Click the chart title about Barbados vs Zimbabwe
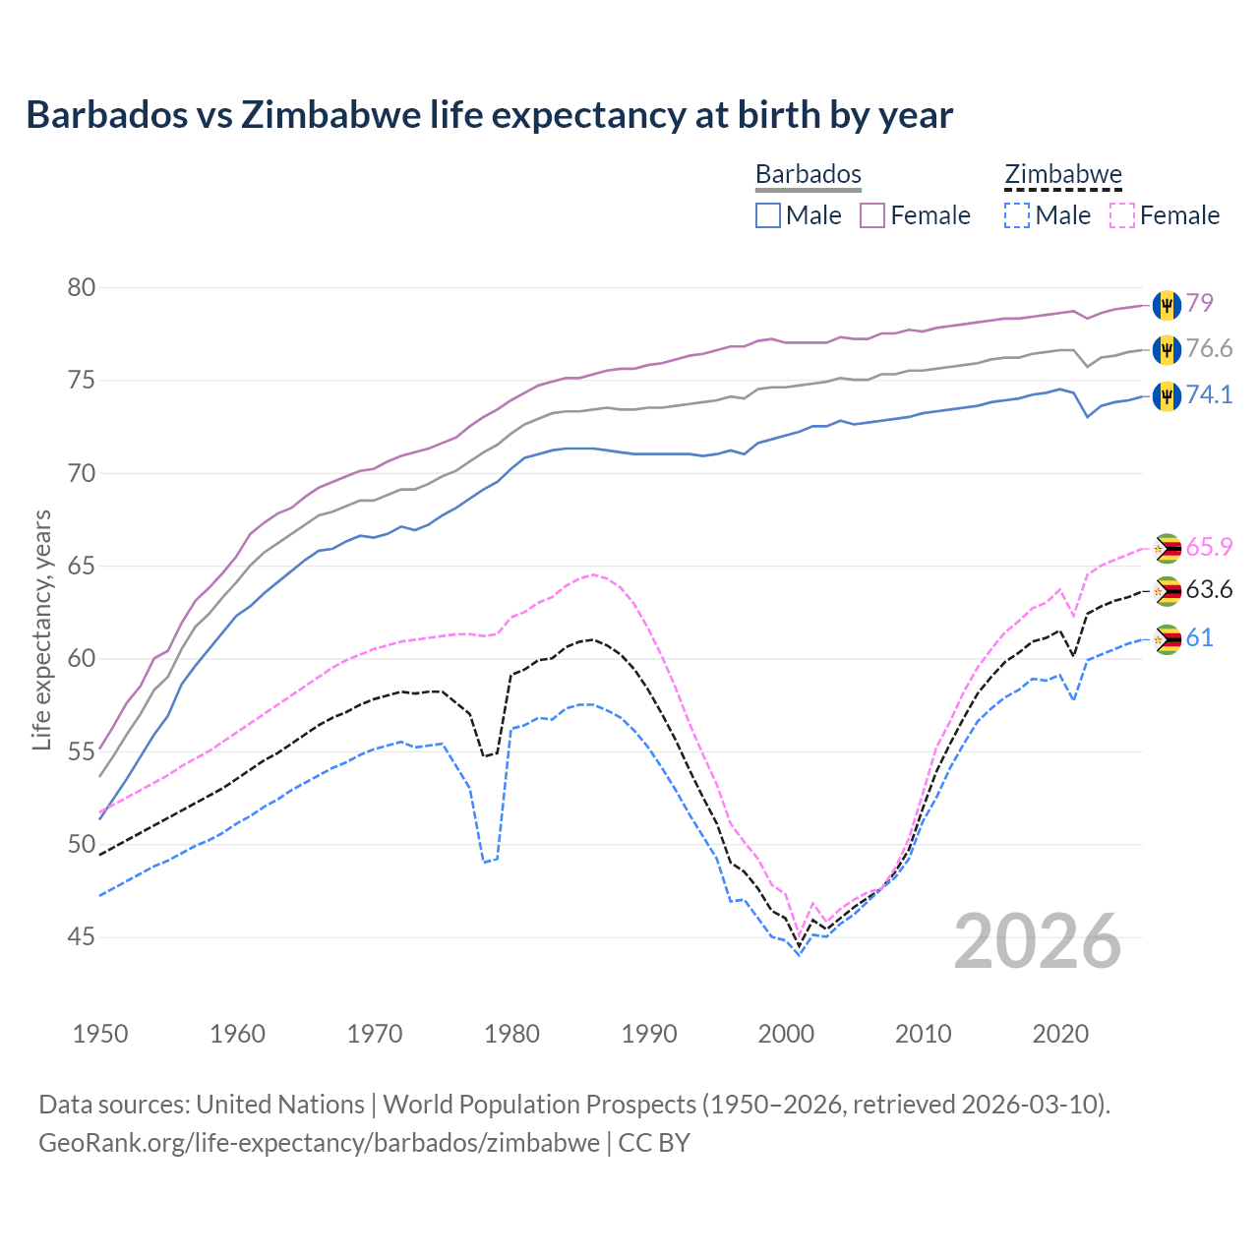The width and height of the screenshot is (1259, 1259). click(489, 115)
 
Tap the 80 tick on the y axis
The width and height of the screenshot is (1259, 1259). click(82, 288)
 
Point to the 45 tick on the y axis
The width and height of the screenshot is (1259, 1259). click(82, 937)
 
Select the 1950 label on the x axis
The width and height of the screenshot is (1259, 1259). click(100, 1034)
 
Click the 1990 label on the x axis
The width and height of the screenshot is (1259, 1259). click(649, 1034)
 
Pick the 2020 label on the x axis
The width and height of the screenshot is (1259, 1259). click(1060, 1034)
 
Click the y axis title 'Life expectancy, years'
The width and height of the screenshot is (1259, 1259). click(41, 629)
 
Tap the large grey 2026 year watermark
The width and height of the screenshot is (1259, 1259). click(1038, 941)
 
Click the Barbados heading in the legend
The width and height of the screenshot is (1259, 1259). click(808, 174)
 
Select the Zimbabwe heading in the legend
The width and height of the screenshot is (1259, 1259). click(1062, 174)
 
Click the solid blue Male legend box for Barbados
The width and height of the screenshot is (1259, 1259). click(768, 215)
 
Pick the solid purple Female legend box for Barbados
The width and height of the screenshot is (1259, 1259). click(872, 215)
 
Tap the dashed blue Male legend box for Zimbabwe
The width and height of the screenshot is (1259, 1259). click(1017, 215)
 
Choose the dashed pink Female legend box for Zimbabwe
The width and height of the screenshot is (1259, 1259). click(1121, 215)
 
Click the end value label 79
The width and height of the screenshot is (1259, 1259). click(1199, 303)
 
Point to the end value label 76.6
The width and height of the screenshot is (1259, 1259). click(1209, 349)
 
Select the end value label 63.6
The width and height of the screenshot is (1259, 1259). click(1209, 590)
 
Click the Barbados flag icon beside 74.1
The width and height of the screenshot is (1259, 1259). click(1167, 395)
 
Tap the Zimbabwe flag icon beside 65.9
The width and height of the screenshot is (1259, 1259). click(1167, 548)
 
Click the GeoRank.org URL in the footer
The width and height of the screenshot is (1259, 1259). click(319, 1143)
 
